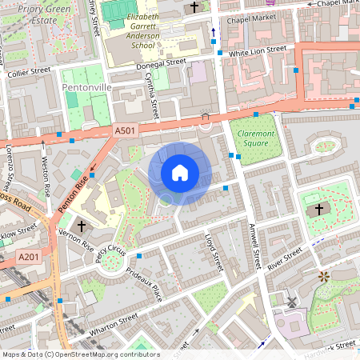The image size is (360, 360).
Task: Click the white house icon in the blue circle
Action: [180, 173]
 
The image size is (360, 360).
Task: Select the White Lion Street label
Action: [258, 50]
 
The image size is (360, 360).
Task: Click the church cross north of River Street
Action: [318, 210]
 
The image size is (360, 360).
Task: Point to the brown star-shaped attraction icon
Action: [324, 277]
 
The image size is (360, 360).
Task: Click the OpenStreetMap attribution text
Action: [80, 354]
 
